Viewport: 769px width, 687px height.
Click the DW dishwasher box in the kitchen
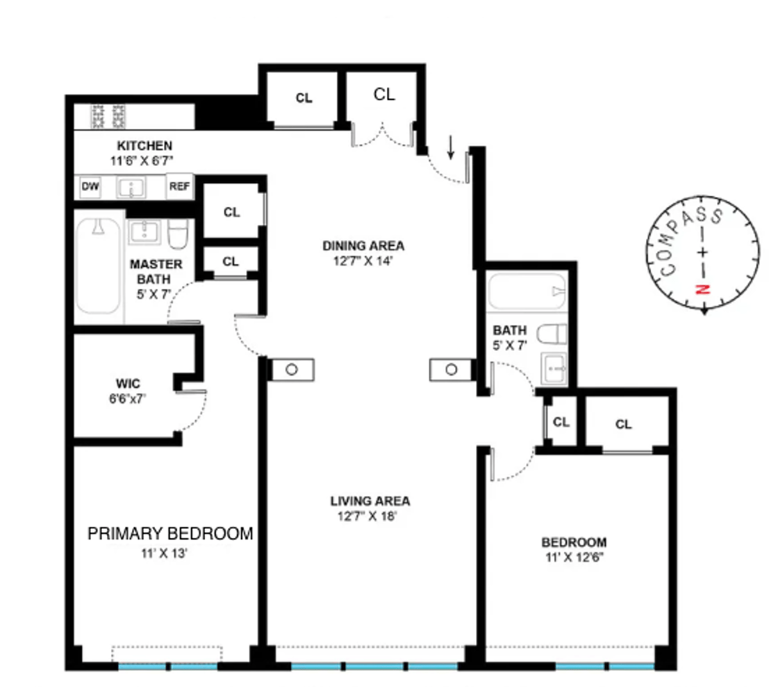tap(90, 187)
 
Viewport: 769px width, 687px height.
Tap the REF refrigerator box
tap(179, 187)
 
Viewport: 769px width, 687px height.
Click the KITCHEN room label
tap(144, 146)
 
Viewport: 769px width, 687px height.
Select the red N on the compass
tap(703, 289)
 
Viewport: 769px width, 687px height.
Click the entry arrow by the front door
tap(451, 147)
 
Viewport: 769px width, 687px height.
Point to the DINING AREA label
tap(363, 246)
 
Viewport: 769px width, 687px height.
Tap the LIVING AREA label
tap(370, 501)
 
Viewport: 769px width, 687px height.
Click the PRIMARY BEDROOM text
tap(170, 533)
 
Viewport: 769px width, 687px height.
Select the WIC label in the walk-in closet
tap(128, 384)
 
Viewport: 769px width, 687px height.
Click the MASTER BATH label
tap(156, 271)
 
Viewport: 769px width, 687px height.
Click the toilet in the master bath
tap(178, 234)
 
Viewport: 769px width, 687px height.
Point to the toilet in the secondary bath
tap(551, 334)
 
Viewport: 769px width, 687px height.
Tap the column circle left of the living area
tap(292, 369)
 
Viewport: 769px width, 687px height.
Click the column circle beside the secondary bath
tap(451, 369)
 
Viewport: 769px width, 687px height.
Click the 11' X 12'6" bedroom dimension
tap(574, 557)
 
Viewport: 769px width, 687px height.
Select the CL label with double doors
tap(384, 95)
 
